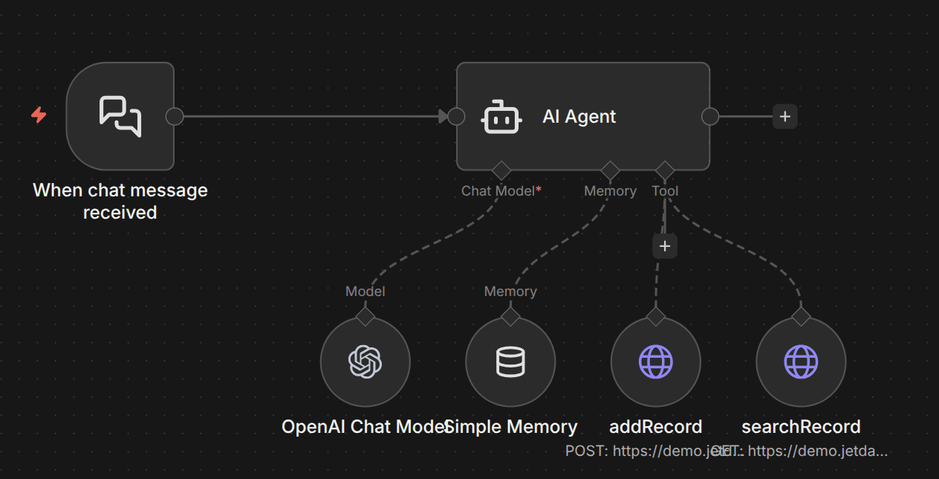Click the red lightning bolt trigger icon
coord(39,115)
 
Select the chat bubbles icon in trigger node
coord(120,116)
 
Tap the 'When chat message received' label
coord(120,201)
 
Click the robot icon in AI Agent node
coord(502,117)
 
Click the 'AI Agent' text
coord(579,117)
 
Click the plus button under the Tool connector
coord(665,246)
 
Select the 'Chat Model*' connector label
coord(501,191)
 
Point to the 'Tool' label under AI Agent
coord(665,191)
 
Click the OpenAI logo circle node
coord(365,362)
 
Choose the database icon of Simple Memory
coord(510,362)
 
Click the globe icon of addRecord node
coord(655,362)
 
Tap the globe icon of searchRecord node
coord(801,362)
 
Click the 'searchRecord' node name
coord(801,427)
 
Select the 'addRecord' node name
coord(655,427)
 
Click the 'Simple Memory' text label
coord(513,427)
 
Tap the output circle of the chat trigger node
coord(174,117)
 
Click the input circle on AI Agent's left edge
coord(456,117)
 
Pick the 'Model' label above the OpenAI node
coord(365,292)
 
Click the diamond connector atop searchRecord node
coord(801,316)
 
